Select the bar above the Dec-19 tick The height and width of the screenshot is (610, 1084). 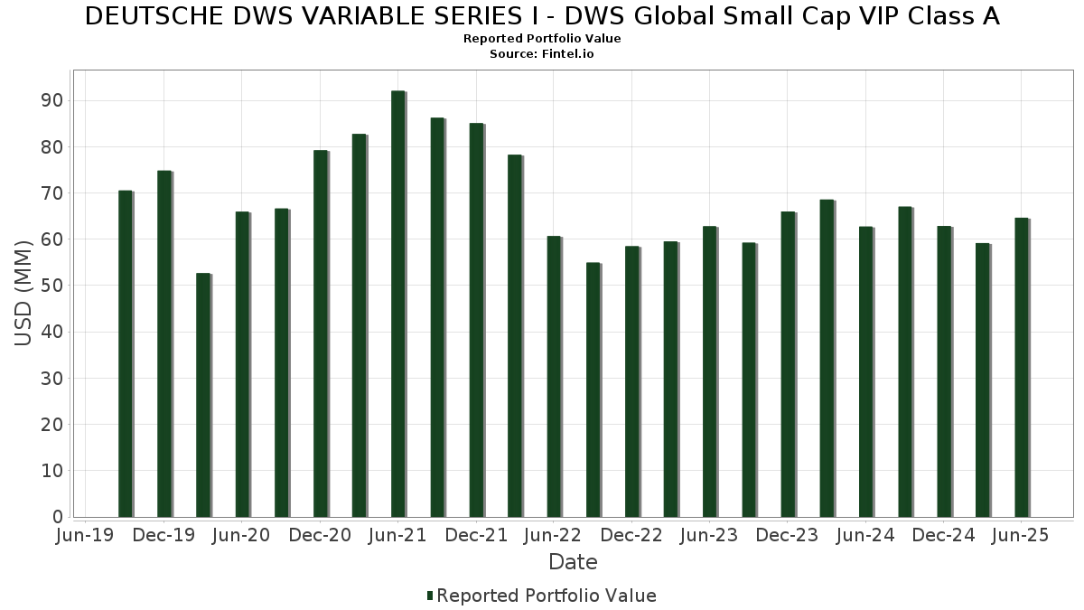tap(164, 343)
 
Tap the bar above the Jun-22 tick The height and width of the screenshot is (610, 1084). tap(554, 376)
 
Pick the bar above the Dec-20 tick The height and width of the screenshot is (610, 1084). tap(321, 333)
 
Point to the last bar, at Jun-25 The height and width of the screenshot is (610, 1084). tap(1022, 367)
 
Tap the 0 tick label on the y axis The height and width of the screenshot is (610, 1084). tap(57, 517)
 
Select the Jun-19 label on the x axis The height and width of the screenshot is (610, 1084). tap(85, 536)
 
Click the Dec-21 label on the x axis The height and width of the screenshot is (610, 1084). tap(476, 536)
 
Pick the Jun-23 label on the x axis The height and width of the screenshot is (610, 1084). tap(709, 536)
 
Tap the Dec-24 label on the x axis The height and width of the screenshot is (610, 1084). tap(943, 536)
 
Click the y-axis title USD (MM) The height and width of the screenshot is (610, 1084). tap(23, 293)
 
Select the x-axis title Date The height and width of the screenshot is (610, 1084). tap(573, 562)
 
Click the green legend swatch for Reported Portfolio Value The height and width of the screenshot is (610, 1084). tap(430, 596)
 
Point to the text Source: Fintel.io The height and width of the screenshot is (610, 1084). tap(542, 54)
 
